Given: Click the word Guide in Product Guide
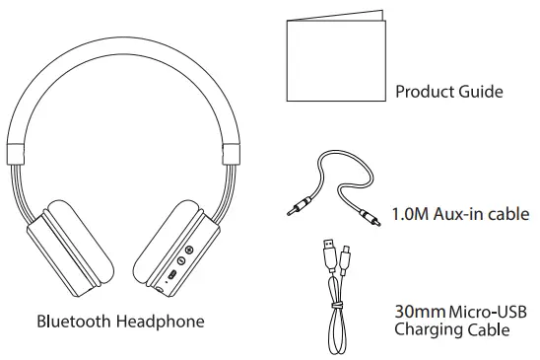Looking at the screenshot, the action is pos(480,92).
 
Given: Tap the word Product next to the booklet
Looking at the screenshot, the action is pos(425,92).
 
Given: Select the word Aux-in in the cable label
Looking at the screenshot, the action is pos(463,213).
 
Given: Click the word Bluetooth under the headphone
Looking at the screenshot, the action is pos(74,322).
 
